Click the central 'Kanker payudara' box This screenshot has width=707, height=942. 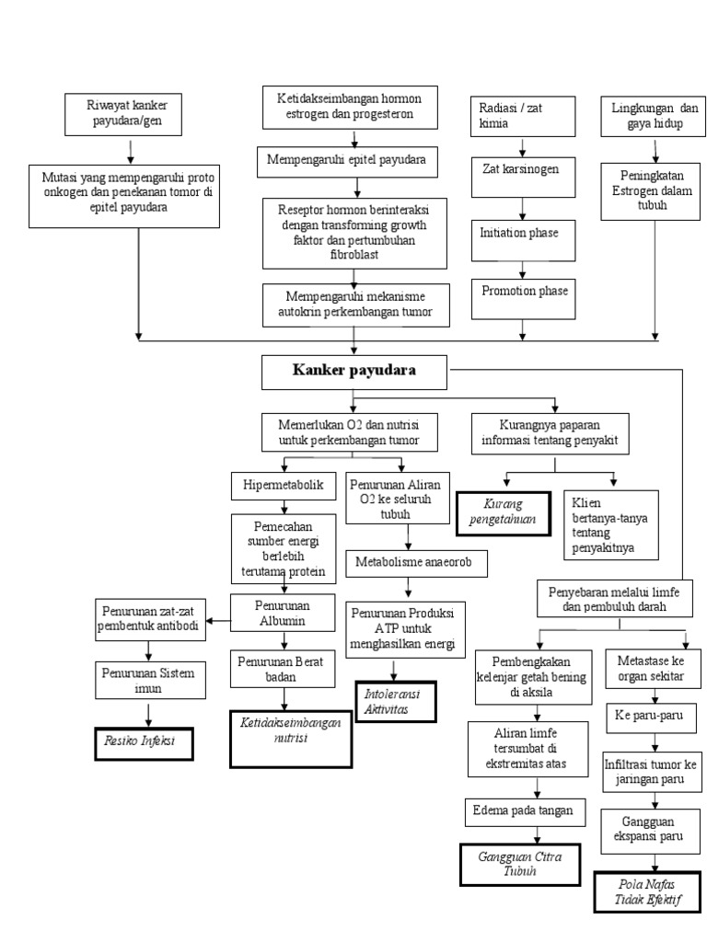[x=354, y=372]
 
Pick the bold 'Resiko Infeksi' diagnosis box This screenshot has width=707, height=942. [x=144, y=741]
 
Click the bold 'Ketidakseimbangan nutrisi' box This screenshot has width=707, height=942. [x=291, y=737]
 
